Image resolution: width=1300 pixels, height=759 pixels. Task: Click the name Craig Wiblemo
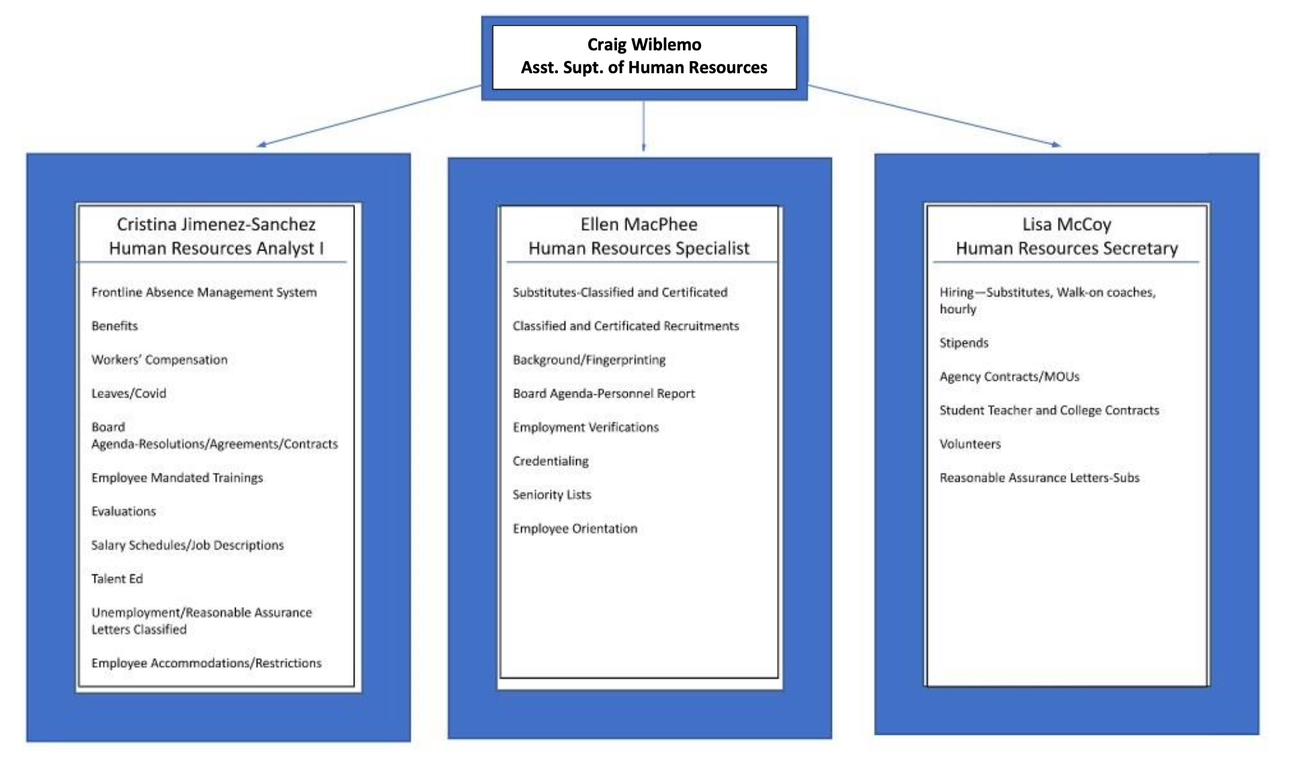point(644,44)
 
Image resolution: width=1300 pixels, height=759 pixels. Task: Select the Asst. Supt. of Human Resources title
point(644,67)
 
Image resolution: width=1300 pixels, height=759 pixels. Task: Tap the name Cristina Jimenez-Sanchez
point(216,224)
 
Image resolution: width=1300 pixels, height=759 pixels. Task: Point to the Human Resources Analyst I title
point(216,249)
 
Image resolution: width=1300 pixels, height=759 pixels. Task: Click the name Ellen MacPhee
point(639,224)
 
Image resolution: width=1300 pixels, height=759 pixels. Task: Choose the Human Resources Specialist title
point(639,249)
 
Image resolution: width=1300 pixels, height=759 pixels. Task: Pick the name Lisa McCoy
point(1066,224)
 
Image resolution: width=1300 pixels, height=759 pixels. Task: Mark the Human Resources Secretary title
point(1066,249)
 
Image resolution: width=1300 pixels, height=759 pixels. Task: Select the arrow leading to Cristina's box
point(369,116)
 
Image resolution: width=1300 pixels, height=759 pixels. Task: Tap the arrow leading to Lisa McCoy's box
point(934,116)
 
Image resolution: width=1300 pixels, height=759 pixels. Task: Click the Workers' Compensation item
point(159,359)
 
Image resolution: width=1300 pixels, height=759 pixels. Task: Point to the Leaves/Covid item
point(128,393)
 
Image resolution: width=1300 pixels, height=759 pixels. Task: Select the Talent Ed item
point(117,578)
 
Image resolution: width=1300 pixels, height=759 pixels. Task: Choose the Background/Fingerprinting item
point(589,359)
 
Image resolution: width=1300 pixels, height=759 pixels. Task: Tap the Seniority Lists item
point(551,494)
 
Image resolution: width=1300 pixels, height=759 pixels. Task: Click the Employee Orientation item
point(575,528)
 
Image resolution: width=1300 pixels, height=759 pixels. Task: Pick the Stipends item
point(964,343)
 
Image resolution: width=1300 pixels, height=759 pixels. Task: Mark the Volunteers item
point(970,443)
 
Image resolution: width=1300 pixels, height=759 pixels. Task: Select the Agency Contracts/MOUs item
point(1009,376)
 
